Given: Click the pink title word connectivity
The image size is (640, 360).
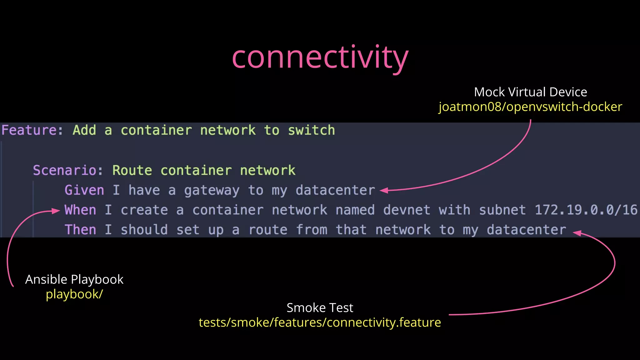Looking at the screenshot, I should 320,58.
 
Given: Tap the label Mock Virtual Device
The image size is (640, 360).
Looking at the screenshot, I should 530,92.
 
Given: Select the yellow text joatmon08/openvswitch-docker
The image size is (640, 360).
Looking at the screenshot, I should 530,107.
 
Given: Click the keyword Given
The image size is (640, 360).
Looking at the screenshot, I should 84,190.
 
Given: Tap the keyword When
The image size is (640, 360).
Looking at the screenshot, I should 80,210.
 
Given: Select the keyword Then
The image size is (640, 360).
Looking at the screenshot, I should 80,230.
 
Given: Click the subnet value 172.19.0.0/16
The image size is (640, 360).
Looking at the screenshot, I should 586,210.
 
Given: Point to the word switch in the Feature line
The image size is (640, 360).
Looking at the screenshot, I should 311,130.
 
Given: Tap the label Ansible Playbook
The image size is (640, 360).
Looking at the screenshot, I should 74,279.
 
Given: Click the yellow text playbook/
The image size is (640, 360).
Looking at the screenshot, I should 74,294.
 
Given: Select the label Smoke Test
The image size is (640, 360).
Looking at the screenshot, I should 320,308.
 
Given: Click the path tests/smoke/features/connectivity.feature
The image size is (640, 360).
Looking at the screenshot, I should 320,322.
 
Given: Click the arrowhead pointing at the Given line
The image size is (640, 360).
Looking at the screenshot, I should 384,190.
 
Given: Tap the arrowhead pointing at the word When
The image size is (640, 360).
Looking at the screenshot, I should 56,211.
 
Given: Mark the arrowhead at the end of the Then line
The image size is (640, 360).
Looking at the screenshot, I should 577,233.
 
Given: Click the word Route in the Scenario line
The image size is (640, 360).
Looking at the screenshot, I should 132,170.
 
